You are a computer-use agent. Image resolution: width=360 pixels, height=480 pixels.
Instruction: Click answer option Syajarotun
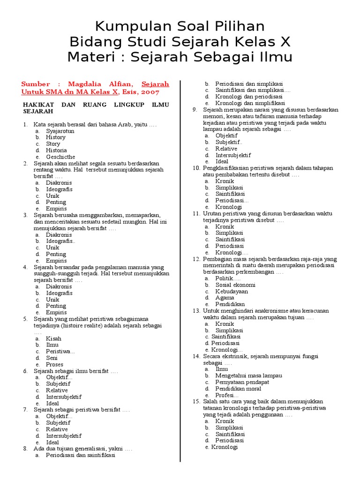[x=60, y=131]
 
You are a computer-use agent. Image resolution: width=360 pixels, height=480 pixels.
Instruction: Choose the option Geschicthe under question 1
[x=60, y=157]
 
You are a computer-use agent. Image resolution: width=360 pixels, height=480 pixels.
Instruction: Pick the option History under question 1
[x=56, y=138]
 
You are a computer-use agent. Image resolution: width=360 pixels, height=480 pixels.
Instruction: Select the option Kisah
[x=53, y=338]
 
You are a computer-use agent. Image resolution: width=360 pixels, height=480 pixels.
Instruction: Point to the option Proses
[x=54, y=364]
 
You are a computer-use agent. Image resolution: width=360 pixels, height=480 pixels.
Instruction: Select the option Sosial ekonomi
[x=235, y=285]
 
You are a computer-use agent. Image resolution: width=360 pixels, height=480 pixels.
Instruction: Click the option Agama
[x=225, y=298]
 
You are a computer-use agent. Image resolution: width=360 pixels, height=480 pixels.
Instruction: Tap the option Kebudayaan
[x=232, y=291]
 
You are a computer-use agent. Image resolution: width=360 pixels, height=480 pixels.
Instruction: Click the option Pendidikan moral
[x=238, y=389]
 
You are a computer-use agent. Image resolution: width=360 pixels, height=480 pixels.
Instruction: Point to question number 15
[x=196, y=402]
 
